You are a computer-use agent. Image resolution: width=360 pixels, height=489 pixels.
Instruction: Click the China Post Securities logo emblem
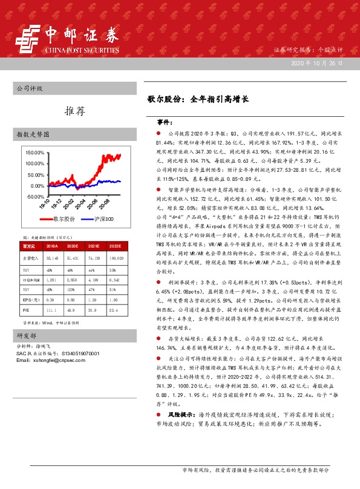click(x=27, y=41)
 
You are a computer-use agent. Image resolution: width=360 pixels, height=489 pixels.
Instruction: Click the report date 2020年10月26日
click(x=318, y=64)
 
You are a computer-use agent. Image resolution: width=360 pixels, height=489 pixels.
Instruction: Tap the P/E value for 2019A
click(x=51, y=310)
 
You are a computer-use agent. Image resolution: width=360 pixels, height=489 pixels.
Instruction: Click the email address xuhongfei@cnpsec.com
click(x=48, y=361)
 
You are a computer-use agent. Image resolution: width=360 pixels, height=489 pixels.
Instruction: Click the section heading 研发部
click(x=27, y=335)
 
